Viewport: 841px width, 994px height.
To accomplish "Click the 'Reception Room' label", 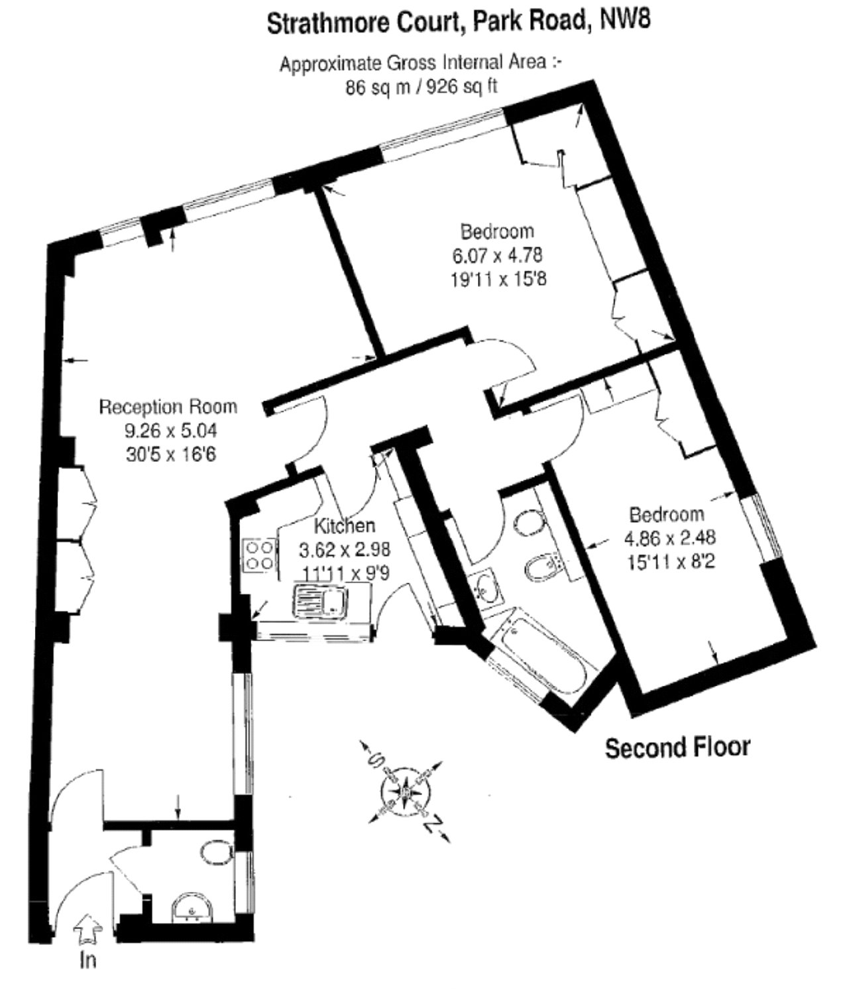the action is [168, 407].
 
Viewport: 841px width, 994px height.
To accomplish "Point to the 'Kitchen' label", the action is [344, 525].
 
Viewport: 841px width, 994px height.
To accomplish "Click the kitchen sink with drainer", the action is [319, 600].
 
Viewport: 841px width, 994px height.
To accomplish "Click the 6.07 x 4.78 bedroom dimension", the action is [497, 255].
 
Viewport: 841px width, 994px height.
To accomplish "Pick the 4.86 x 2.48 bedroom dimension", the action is [670, 537].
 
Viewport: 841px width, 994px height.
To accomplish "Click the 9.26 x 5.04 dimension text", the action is [171, 430].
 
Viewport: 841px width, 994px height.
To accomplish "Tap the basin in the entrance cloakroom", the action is [192, 909].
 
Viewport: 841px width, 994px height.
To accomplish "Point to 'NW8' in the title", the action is [624, 22].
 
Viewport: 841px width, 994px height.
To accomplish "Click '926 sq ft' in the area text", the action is [462, 87].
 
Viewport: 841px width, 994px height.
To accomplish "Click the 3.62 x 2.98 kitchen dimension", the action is [345, 549].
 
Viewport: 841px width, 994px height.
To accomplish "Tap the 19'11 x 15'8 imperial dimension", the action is [498, 279].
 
